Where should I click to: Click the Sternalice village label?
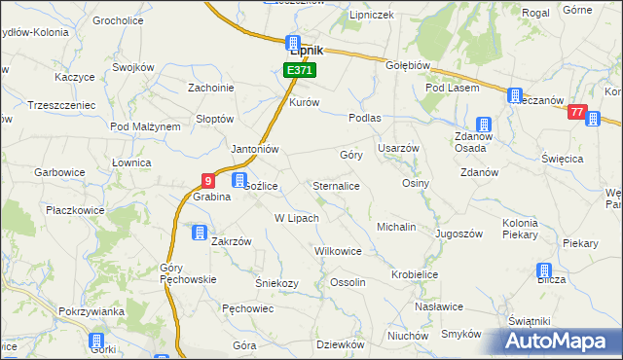coord(337,185)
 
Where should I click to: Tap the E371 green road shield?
coord(298,71)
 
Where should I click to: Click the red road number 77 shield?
coord(578,113)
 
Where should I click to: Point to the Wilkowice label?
coord(338,251)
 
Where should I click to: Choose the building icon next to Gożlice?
coord(239,180)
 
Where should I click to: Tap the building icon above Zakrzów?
coord(199,234)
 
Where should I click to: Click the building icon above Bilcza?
coord(544,270)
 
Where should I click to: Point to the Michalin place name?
coord(396,227)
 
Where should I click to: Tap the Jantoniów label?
coord(254,149)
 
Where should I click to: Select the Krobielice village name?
coord(415,275)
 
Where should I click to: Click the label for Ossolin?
coord(348,282)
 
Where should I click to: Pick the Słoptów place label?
coord(214,119)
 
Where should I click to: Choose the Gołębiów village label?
coord(409,65)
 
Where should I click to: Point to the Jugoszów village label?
coord(459,234)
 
